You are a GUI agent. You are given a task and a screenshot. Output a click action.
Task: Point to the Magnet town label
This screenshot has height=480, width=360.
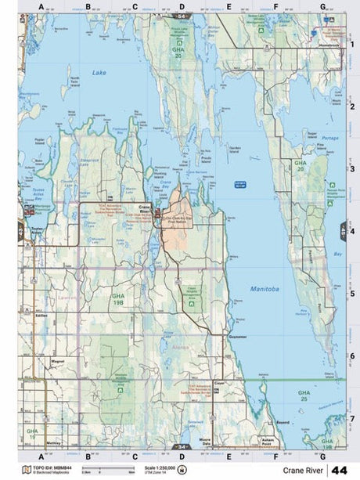(x=57, y=362)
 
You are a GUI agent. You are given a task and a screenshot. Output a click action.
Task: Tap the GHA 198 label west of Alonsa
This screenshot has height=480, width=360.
(x=118, y=298)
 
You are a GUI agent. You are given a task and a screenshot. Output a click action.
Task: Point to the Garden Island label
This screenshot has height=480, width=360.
(x=232, y=147)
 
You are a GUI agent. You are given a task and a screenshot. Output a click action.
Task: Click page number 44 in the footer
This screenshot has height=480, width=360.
(x=340, y=470)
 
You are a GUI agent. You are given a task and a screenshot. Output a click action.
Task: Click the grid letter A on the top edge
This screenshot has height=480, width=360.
(x=41, y=7)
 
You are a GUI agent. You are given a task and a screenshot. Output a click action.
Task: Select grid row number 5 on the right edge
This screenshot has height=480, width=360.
(x=352, y=294)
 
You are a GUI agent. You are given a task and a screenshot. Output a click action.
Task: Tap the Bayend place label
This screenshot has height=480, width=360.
(x=283, y=422)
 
